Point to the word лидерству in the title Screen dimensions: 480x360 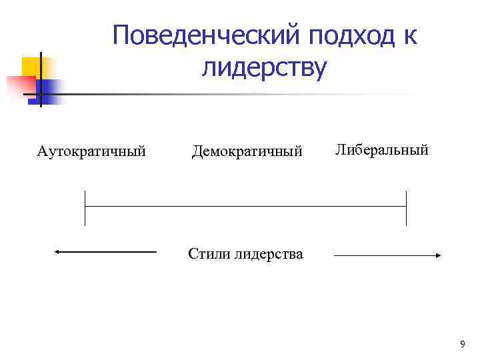coord(264,68)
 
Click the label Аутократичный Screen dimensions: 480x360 coord(91,151)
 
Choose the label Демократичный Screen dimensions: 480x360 coord(247,151)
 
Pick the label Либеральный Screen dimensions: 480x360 coord(381,149)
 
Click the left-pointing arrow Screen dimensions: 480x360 coord(105,252)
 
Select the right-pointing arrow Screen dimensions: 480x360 coord(387,255)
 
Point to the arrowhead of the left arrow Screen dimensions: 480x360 coord(58,252)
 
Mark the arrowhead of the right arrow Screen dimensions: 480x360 coord(438,255)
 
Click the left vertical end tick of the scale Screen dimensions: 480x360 coord(85,208)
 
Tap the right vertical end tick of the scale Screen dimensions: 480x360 coord(406,208)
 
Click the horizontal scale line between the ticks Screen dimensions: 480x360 coord(245,207)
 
